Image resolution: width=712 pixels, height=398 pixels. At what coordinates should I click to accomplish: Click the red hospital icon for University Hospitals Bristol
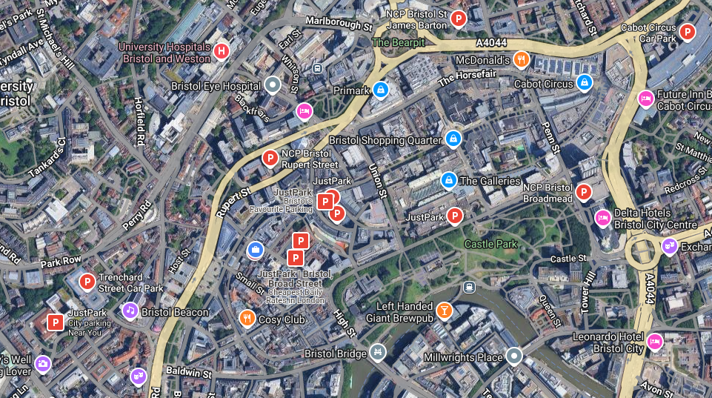tap(221, 51)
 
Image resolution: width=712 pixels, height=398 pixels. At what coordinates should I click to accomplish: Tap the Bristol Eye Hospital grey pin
tap(273, 85)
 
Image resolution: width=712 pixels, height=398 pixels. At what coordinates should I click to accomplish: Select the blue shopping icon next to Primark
tap(381, 90)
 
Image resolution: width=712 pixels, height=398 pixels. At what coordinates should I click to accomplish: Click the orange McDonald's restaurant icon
tap(522, 59)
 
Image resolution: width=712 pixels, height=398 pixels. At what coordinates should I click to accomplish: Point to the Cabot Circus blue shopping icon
tap(585, 82)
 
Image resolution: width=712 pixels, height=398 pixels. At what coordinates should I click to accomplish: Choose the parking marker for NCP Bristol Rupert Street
tap(270, 158)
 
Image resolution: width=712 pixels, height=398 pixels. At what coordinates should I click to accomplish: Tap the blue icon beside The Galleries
tap(448, 180)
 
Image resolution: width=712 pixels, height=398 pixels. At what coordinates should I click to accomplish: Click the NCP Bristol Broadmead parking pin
tap(584, 192)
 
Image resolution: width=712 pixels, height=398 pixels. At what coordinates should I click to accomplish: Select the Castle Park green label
tap(490, 244)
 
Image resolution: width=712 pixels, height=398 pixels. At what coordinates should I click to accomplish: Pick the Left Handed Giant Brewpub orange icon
tap(445, 310)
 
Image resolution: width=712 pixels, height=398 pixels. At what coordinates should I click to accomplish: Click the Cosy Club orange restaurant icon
tap(247, 319)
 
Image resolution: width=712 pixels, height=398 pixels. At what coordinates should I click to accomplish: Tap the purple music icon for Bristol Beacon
tap(130, 311)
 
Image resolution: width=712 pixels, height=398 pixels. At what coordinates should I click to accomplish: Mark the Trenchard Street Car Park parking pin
tap(87, 282)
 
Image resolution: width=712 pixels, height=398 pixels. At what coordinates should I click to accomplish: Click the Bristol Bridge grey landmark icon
tap(378, 352)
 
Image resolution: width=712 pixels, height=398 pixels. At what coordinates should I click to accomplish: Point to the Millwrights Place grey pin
tap(514, 356)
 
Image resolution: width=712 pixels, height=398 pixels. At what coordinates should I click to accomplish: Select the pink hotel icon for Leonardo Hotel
tap(654, 341)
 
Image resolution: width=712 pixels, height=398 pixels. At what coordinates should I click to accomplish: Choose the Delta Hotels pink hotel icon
tap(603, 218)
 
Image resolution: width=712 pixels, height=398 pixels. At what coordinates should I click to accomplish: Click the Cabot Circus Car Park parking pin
tap(688, 32)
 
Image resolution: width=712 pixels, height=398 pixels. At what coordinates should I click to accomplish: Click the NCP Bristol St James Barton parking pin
tap(459, 19)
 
